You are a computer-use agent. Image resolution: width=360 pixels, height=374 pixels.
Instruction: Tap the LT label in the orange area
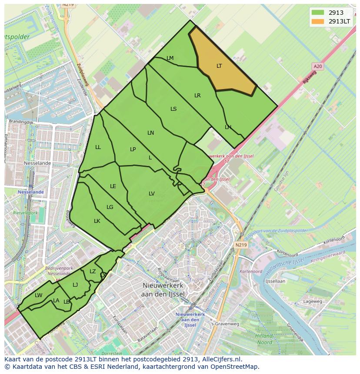pyautogui.click(x=219, y=66)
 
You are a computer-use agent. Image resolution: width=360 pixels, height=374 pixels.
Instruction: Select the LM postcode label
pyautogui.click(x=170, y=58)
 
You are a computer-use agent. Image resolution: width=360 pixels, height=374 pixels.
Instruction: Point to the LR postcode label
pyautogui.click(x=197, y=96)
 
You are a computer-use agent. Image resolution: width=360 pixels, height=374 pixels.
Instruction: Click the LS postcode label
pyautogui.click(x=173, y=109)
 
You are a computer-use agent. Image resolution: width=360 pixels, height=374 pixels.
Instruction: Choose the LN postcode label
pyautogui.click(x=151, y=133)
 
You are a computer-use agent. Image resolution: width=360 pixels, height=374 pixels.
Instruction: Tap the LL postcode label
pyautogui.click(x=98, y=147)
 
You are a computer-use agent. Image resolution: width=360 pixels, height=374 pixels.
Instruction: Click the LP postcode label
pyautogui.click(x=133, y=149)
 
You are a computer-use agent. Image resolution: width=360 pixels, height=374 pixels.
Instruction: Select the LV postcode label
pyautogui.click(x=152, y=194)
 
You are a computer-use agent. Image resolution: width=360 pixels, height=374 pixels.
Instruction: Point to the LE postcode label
pyautogui.click(x=113, y=186)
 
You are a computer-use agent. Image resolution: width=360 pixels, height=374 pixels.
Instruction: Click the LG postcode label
pyautogui.click(x=110, y=207)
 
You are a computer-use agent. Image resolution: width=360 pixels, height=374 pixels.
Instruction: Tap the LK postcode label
pyautogui.click(x=97, y=221)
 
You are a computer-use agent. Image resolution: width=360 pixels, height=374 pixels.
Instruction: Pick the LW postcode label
pyautogui.click(x=39, y=295)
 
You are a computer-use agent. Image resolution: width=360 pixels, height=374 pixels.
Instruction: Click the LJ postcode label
pyautogui.click(x=75, y=285)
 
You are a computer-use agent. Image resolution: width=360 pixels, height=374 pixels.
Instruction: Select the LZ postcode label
pyautogui.click(x=93, y=271)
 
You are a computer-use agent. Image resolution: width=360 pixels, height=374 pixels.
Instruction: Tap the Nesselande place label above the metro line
pyautogui.click(x=37, y=163)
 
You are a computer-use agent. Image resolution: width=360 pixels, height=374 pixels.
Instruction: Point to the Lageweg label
pyautogui.click(x=313, y=301)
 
